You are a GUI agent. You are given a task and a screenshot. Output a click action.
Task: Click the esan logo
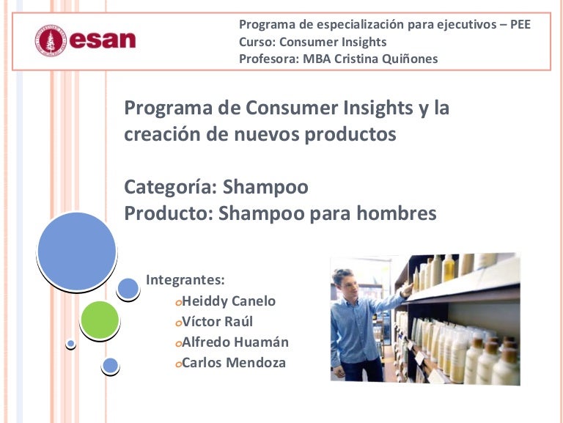pyautogui.click(x=86, y=40)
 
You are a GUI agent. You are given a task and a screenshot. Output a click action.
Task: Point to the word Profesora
pyautogui.click(x=266, y=59)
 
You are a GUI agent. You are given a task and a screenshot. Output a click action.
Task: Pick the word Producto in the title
pyautogui.click(x=169, y=214)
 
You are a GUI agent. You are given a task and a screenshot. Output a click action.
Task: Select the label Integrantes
pyautogui.click(x=185, y=279)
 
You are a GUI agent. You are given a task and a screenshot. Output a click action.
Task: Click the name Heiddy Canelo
pyautogui.click(x=229, y=301)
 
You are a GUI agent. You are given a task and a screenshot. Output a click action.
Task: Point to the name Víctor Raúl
pyautogui.click(x=217, y=322)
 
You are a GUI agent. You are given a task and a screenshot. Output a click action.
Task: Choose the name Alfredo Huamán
pyautogui.click(x=235, y=342)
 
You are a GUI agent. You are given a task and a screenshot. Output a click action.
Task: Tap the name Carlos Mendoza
pyautogui.click(x=234, y=363)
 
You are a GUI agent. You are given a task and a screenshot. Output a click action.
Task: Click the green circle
pyautogui.click(x=100, y=320)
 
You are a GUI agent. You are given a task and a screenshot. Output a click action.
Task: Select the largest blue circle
pyautogui.click(x=76, y=250)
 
